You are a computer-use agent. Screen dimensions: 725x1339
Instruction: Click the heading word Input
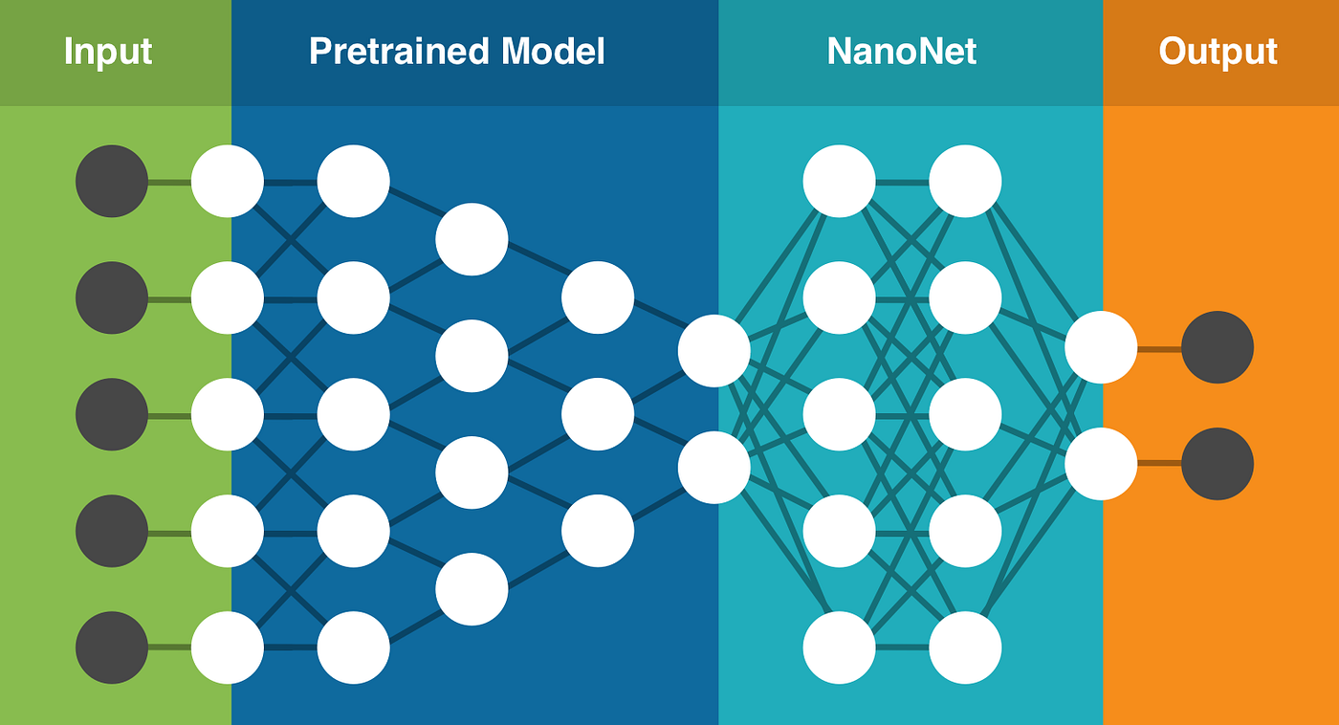click(108, 52)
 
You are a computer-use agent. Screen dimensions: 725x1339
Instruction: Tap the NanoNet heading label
click(901, 52)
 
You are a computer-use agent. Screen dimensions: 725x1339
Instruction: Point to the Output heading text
click(1218, 52)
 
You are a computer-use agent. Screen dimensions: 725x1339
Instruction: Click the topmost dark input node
click(112, 181)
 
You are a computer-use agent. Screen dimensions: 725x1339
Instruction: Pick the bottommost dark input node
click(112, 648)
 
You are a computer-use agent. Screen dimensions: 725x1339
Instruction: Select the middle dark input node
click(112, 414)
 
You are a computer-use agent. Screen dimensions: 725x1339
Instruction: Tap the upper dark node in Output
click(1218, 347)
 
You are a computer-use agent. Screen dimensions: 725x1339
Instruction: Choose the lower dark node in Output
click(1218, 464)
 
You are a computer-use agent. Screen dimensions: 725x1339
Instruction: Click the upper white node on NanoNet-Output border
click(1101, 347)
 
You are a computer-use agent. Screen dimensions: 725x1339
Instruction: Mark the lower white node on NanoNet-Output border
click(1101, 464)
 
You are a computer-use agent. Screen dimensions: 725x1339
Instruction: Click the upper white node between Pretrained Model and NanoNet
click(714, 351)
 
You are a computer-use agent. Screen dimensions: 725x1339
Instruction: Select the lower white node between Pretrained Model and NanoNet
click(714, 468)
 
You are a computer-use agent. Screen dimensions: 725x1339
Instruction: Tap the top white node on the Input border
click(228, 181)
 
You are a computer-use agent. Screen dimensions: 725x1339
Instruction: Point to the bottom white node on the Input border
click(228, 648)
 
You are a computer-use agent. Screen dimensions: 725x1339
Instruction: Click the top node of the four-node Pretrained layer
click(472, 239)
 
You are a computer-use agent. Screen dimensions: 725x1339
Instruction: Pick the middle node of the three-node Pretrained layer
click(598, 414)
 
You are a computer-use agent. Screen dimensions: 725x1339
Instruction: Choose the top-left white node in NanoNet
click(840, 181)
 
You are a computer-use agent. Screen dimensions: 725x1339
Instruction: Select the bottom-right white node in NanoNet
click(966, 648)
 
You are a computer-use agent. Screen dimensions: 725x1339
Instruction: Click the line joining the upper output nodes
click(1159, 348)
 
